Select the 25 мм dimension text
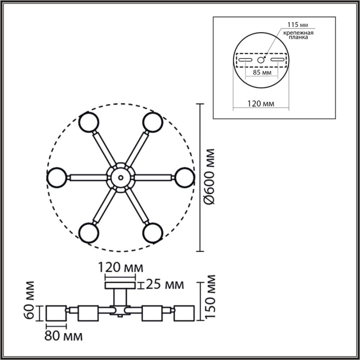pos(165,285)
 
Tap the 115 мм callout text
pos(297,25)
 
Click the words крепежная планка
pos(297,35)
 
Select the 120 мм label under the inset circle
pos(261,104)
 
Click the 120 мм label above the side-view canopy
pos(121,268)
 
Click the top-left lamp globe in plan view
pos(89,122)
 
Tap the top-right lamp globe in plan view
pos(153,122)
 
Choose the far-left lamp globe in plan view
pos(57,177)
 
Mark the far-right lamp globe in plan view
pos(185,177)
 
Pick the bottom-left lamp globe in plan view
pos(89,233)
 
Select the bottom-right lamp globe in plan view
pos(153,233)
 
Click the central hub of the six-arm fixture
pos(121,177)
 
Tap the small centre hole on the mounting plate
pos(261,60)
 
